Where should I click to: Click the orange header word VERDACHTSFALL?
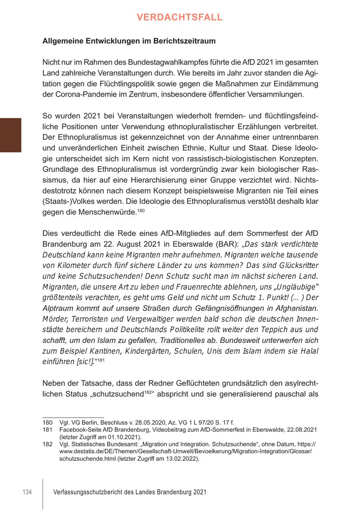tap(180, 17)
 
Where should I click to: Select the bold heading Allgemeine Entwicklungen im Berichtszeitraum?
tap(129, 41)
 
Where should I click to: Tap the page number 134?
tap(27, 492)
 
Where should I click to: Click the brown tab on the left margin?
tap(10, 135)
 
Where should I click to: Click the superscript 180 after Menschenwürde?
tap(141, 210)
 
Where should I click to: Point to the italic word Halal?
tap(308, 351)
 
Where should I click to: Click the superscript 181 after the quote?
tap(100, 361)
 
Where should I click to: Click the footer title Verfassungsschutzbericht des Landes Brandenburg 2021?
tap(130, 492)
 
